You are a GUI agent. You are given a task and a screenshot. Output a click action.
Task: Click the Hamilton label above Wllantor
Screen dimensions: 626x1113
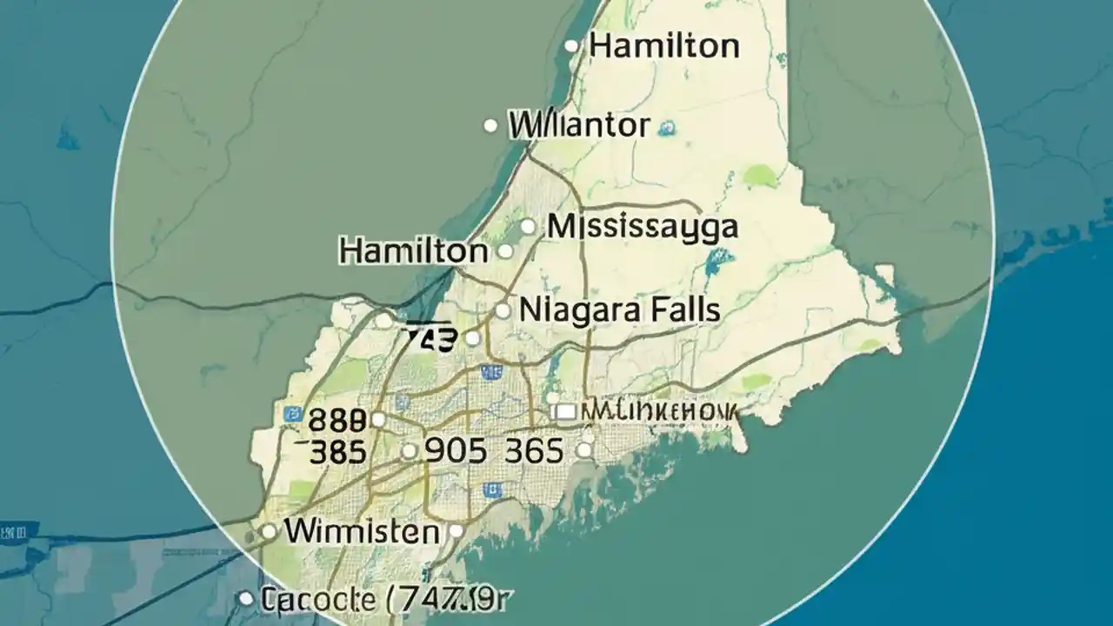664,45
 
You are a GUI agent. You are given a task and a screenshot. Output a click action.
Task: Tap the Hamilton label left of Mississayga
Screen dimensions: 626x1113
414,252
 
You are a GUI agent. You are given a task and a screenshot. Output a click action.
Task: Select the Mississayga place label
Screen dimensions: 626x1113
643,227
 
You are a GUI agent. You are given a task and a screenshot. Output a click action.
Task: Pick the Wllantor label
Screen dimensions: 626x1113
579,126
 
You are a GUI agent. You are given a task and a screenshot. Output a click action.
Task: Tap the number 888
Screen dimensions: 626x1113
337,421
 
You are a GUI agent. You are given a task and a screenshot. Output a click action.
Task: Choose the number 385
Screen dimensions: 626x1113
337,451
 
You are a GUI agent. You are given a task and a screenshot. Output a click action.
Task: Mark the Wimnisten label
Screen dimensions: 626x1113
362,530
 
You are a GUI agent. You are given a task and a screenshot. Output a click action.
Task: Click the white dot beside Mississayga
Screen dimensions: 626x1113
528,227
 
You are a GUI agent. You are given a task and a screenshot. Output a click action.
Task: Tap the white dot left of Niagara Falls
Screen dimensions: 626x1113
503,310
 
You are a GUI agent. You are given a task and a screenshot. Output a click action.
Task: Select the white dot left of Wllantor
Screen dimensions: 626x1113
490,127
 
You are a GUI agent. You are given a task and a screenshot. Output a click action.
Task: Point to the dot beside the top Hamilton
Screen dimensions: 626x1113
571,46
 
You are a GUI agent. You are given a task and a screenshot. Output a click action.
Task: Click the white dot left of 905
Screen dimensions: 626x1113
409,451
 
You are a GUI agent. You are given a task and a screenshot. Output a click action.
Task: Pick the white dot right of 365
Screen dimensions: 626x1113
584,450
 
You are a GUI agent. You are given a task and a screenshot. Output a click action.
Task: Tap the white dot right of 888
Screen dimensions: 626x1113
377,420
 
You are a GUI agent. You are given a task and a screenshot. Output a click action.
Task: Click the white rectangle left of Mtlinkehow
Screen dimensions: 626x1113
563,410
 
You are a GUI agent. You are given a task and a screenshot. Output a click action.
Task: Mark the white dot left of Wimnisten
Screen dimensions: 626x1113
269,530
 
